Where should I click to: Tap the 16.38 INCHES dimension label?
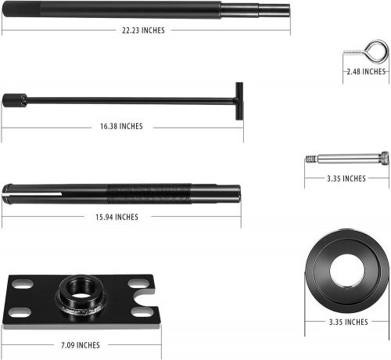point(121,126)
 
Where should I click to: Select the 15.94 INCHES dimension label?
point(116,217)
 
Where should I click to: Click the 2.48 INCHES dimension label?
point(367,71)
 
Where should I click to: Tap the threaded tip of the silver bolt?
point(311,158)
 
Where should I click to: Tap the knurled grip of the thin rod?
point(14,100)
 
